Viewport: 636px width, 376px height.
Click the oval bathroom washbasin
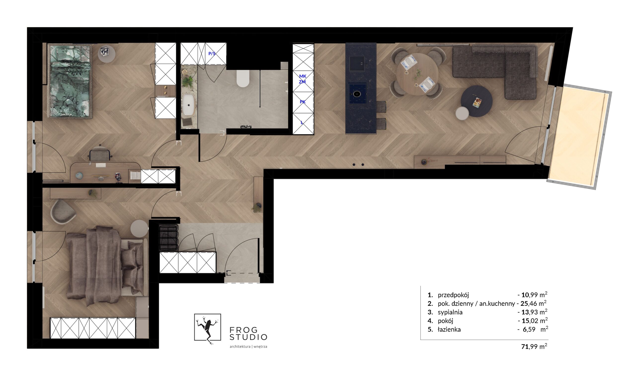(188, 106)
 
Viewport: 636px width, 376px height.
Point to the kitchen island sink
(357, 64)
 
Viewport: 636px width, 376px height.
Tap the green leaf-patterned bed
(70, 81)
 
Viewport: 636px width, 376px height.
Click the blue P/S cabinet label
(212, 54)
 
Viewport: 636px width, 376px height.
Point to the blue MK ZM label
(302, 79)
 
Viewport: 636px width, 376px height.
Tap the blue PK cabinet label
(303, 102)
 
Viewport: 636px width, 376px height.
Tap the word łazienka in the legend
(449, 330)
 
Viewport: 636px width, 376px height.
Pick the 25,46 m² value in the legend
(533, 303)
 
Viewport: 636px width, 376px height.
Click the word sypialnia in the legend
(450, 312)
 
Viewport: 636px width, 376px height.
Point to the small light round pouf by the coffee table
(462, 113)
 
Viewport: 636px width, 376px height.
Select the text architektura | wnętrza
(248, 347)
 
